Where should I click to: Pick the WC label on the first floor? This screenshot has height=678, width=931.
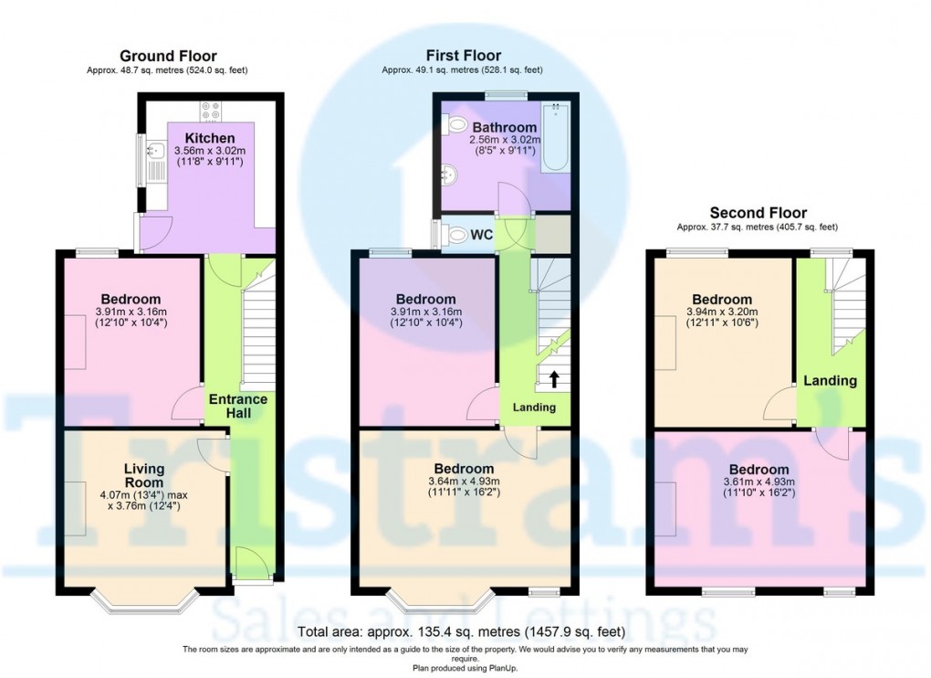[483, 236]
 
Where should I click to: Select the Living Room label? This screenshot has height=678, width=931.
[144, 476]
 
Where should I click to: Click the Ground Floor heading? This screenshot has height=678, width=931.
[168, 57]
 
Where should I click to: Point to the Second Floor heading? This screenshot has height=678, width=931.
[757, 213]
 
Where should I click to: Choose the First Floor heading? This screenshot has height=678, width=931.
[463, 57]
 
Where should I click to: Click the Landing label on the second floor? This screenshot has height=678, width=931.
[830, 381]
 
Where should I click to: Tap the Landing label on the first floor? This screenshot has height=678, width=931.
[534, 408]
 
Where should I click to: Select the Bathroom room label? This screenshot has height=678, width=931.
[504, 128]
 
